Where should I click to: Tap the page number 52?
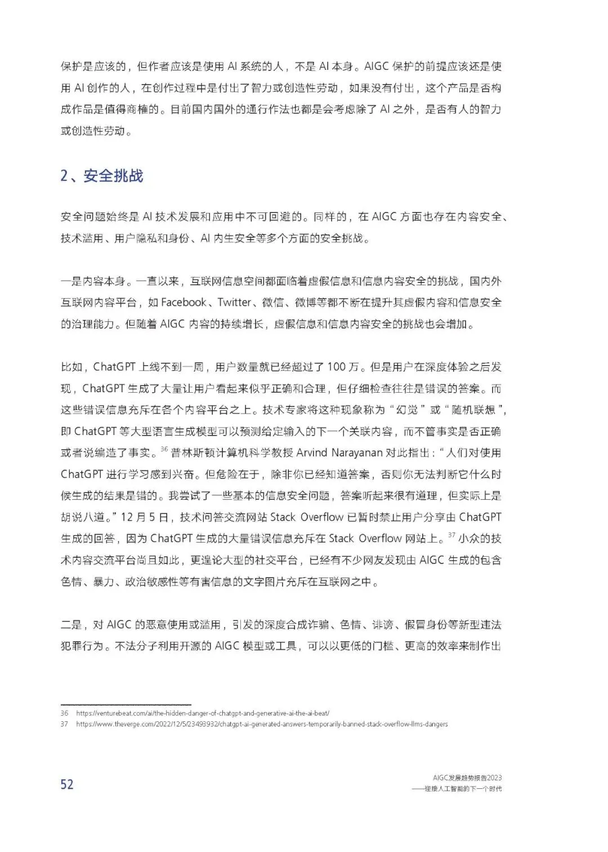point(67,784)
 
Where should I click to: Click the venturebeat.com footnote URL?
point(202,713)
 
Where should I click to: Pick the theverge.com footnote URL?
point(262,724)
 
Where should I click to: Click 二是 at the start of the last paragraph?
point(71,624)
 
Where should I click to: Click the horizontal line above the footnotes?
point(126,704)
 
